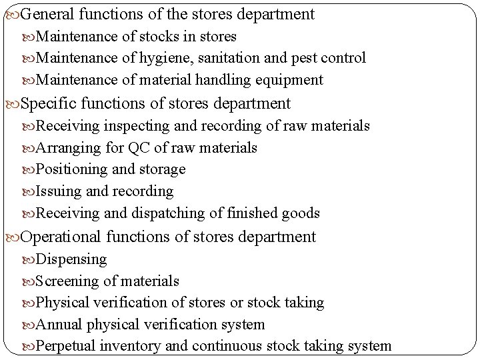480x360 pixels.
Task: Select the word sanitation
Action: click(x=227, y=58)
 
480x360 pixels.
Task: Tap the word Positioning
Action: click(x=73, y=169)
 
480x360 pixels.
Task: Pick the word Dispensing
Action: click(x=71, y=259)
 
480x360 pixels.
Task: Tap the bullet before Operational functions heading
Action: click(x=13, y=237)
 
